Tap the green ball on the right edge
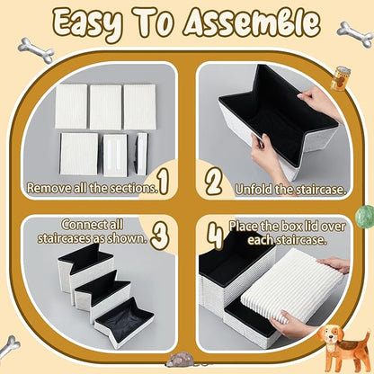click(366, 216)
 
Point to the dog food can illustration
click(339, 77)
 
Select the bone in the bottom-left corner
click(10, 346)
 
